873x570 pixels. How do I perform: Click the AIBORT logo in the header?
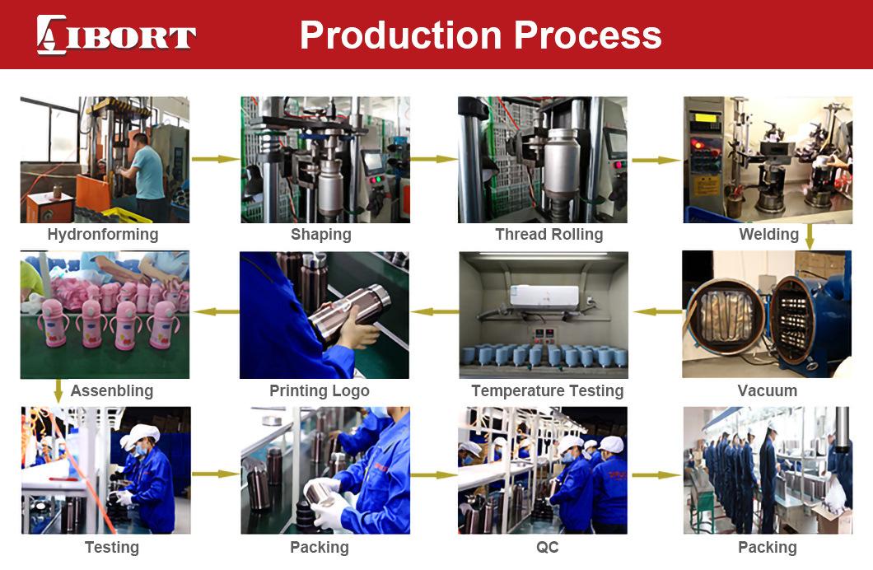[116, 35]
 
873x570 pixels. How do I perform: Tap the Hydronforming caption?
[103, 235]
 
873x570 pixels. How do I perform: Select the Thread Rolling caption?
[549, 235]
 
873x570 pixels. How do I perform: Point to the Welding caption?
[768, 235]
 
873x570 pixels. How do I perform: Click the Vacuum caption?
[768, 390]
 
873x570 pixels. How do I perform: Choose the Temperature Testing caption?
[548, 390]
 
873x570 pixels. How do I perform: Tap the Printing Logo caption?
[320, 390]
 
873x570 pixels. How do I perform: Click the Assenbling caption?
[112, 390]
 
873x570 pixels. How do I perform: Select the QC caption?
[548, 547]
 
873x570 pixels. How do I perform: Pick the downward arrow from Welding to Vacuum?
[810, 236]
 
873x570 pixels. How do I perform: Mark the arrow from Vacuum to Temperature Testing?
[657, 311]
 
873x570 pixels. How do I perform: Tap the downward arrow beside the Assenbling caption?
[58, 390]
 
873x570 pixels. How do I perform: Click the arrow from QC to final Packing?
[656, 474]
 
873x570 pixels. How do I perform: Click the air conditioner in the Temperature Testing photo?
[545, 297]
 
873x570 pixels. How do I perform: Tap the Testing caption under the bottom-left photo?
[112, 547]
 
